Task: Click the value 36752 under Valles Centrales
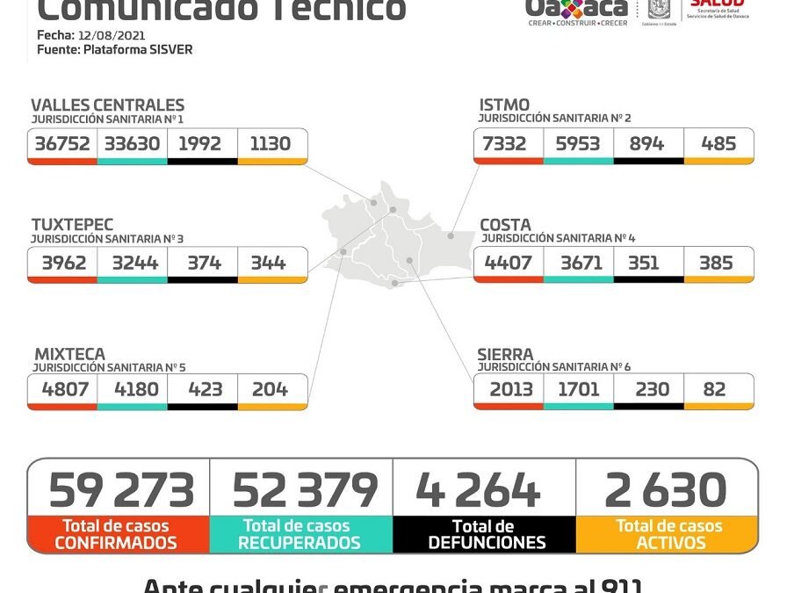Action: (x=62, y=143)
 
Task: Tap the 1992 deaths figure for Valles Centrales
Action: (x=199, y=143)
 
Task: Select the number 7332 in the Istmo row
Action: (x=507, y=143)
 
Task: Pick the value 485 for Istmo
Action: (x=718, y=143)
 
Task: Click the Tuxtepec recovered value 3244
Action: (x=132, y=262)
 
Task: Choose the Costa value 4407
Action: (x=507, y=262)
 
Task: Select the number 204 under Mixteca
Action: (x=270, y=388)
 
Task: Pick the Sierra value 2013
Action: (x=507, y=388)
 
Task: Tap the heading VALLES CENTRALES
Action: (x=107, y=105)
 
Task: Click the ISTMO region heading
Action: (x=504, y=105)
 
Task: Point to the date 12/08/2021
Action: (x=111, y=35)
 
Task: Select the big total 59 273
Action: (x=120, y=490)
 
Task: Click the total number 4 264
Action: (x=478, y=490)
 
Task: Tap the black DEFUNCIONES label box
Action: (x=485, y=534)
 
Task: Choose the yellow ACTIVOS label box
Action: (x=668, y=534)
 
